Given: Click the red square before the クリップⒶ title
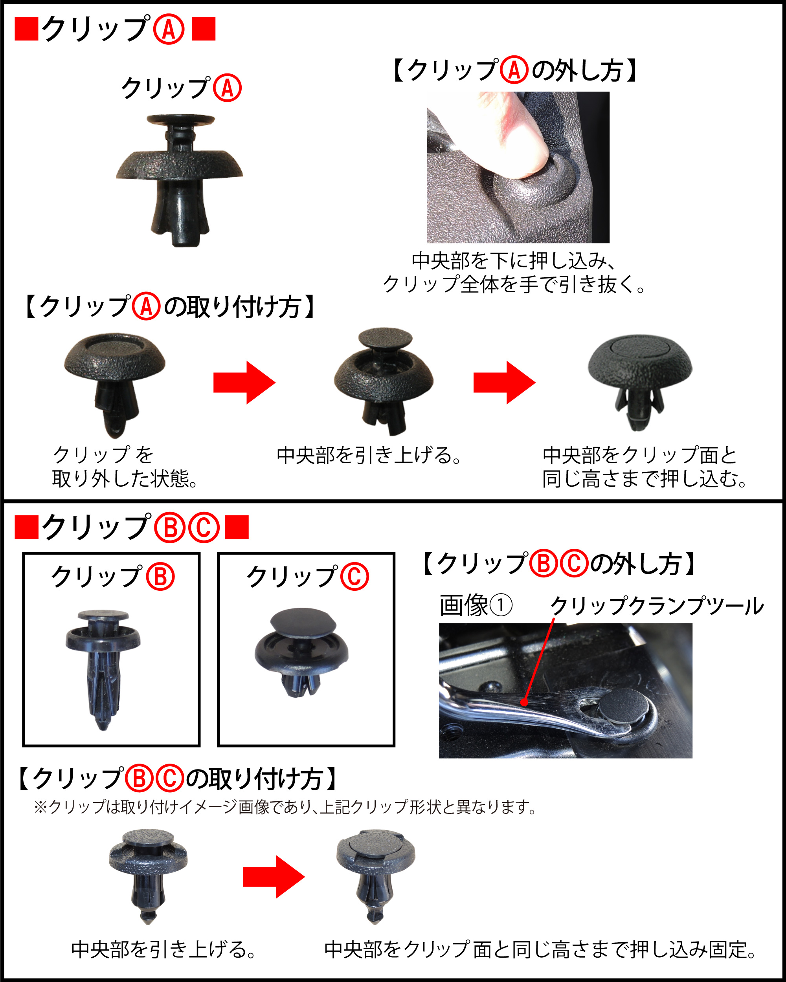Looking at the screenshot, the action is tap(26, 29).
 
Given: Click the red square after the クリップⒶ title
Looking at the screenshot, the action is tap(204, 29).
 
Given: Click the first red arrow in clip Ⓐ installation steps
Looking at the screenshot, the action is tap(245, 383).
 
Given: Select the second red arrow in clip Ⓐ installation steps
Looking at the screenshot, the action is tap(504, 383).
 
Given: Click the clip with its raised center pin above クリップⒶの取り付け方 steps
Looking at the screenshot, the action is tap(384, 381).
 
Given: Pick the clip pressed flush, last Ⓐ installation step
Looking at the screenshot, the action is tap(640, 383).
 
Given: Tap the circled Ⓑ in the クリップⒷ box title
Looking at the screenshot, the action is tap(160, 577).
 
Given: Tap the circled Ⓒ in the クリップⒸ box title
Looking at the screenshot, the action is tap(354, 577).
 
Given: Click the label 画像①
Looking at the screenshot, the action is tap(476, 606).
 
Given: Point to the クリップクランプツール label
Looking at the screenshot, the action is tap(657, 606).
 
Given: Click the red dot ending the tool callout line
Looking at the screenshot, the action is tap(524, 702).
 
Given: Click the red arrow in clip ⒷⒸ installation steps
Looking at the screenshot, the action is tap(274, 877).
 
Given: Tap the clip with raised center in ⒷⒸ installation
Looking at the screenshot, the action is tap(148, 876).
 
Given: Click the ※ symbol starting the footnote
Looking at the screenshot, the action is tap(40, 807).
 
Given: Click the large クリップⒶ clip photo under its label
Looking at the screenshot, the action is tap(180, 181).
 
